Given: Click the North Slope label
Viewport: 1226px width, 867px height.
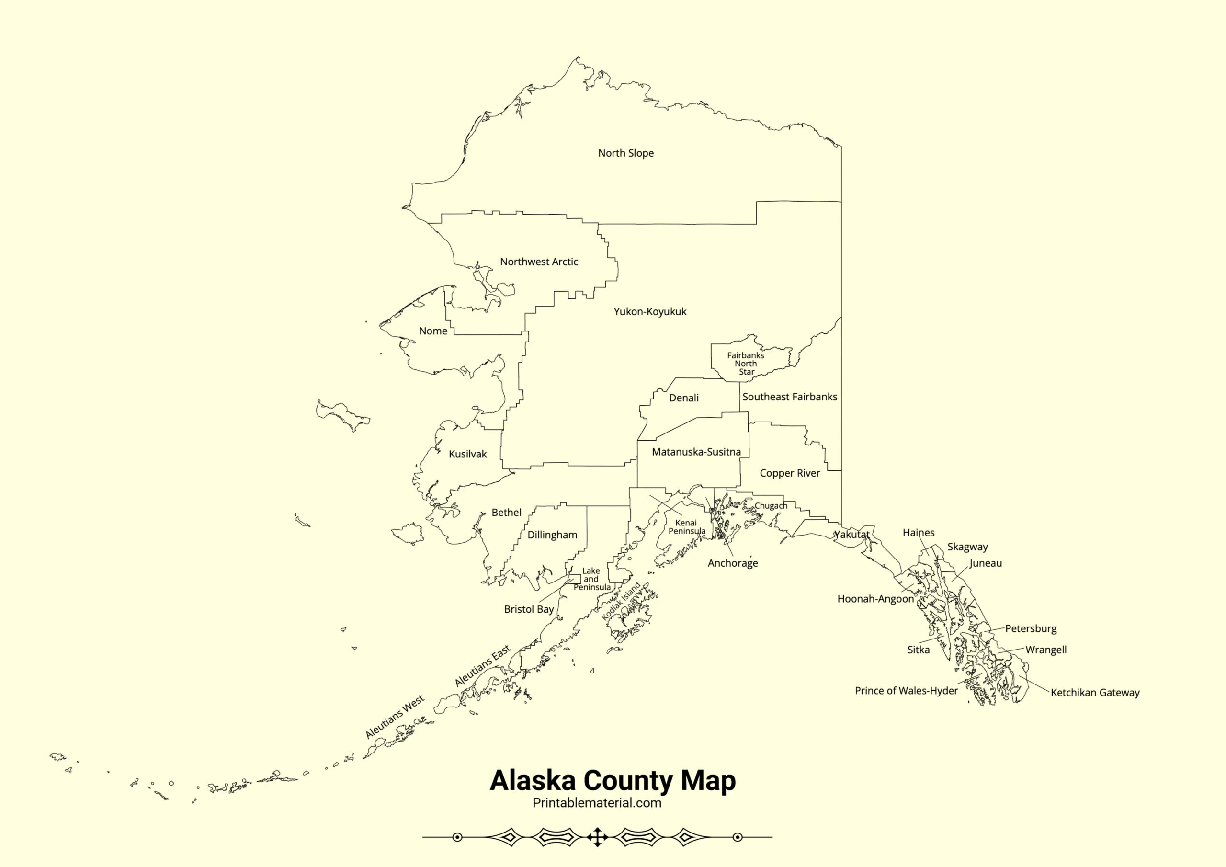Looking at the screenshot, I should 626,153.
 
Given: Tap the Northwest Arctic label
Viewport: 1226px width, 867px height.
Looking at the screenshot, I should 539,262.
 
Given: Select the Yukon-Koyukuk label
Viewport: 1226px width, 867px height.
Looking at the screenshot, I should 650,311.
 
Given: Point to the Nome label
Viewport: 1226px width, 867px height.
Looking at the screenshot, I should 433,331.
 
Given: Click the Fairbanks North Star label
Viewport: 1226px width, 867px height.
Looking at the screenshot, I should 746,363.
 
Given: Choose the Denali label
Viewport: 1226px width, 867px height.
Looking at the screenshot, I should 683,398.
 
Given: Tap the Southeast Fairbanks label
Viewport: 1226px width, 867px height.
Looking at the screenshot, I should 789,397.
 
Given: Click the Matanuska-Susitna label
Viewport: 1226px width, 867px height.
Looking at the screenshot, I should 696,452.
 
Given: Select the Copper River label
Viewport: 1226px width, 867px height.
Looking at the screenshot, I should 790,473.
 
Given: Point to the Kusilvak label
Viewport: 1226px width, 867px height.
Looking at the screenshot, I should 468,454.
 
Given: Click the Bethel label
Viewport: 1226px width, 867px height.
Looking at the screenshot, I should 506,513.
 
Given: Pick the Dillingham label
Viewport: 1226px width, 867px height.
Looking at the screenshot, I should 552,535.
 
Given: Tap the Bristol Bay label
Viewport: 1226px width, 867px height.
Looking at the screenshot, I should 529,609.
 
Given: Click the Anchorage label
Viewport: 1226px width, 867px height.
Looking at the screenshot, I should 733,563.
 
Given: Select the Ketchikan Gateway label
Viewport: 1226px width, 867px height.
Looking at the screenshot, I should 1095,693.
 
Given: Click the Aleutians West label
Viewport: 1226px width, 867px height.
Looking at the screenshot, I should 395,717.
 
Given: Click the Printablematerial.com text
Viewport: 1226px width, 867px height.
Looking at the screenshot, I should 597,803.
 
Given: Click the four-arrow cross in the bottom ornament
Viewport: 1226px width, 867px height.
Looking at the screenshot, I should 597,837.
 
